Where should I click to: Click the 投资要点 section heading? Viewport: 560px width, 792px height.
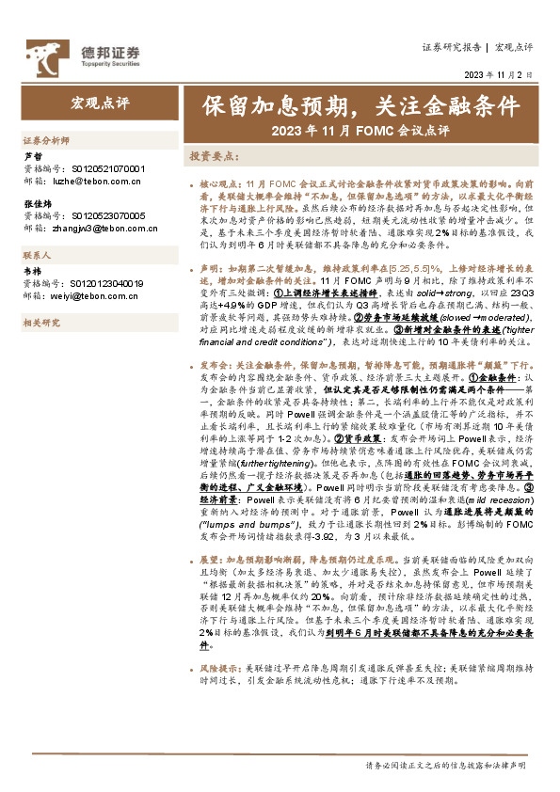(x=213, y=155)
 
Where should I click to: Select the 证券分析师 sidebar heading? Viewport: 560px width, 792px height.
(x=46, y=139)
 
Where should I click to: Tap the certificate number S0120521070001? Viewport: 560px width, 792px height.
(x=108, y=168)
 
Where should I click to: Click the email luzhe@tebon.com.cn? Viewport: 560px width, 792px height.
(x=100, y=181)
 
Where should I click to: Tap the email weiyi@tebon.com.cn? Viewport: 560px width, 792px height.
(x=94, y=295)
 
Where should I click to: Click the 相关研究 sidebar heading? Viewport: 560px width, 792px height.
(x=40, y=323)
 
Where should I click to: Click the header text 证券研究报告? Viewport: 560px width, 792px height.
(x=452, y=46)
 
